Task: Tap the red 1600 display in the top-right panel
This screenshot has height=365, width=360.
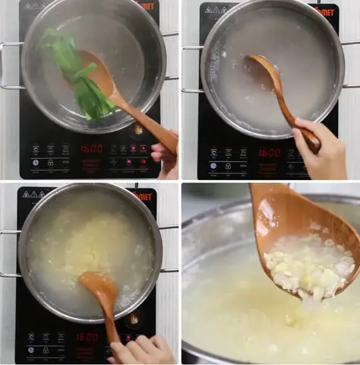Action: click(269, 152)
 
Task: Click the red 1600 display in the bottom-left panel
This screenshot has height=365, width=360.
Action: click(87, 336)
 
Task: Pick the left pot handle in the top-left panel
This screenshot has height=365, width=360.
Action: click(10, 65)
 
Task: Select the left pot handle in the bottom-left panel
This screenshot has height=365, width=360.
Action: click(9, 252)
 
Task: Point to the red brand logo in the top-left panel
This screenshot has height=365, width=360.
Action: click(147, 7)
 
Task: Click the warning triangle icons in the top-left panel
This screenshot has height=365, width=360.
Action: click(35, 6)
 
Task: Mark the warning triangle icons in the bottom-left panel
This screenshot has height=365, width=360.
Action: click(31, 194)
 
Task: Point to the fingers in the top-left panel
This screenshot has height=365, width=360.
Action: click(164, 156)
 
